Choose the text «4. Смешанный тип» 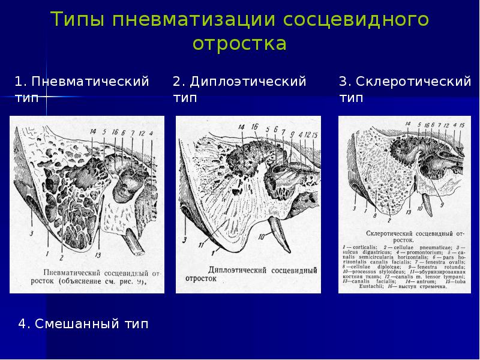click(83, 325)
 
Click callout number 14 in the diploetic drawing click(241, 127)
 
